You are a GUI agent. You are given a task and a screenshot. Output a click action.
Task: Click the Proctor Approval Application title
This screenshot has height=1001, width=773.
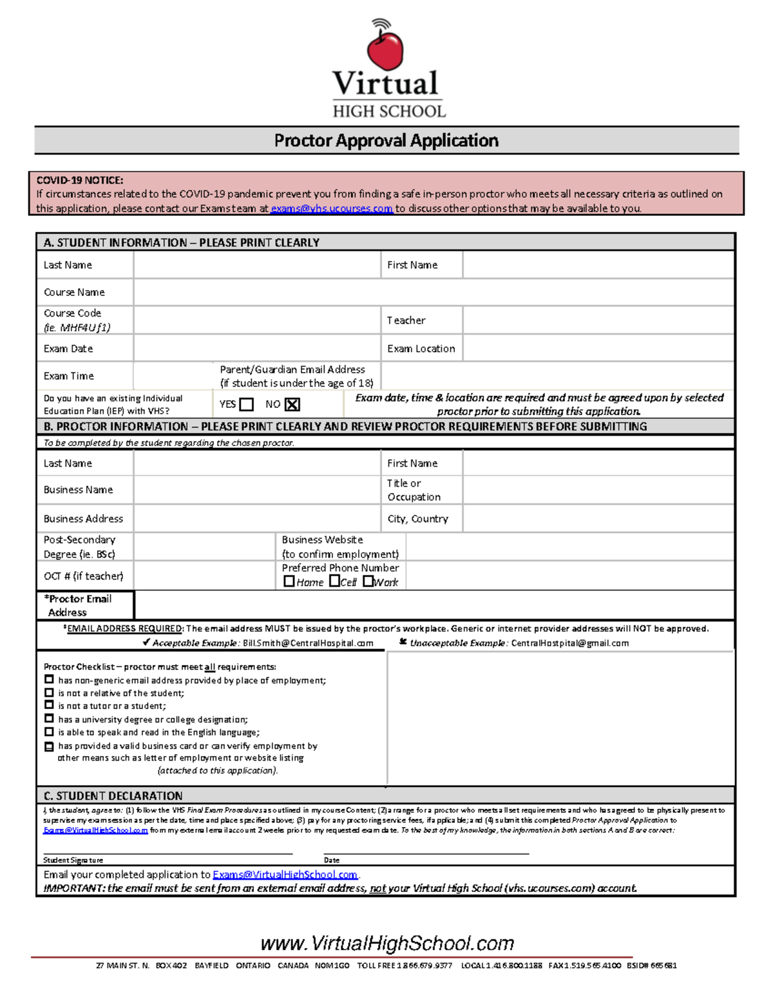(x=386, y=141)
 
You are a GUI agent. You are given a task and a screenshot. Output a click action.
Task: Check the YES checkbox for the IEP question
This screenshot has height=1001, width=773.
(x=247, y=405)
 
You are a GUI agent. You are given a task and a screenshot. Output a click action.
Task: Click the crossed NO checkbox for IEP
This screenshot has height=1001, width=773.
(x=292, y=405)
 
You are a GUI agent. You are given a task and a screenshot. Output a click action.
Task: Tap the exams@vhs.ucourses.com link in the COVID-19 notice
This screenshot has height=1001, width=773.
(x=331, y=209)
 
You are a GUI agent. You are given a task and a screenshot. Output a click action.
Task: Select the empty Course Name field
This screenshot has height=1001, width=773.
(x=433, y=292)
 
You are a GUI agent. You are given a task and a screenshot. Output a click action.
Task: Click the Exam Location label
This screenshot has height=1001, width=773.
(x=421, y=349)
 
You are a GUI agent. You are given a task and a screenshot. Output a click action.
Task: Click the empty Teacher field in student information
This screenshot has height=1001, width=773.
(x=598, y=320)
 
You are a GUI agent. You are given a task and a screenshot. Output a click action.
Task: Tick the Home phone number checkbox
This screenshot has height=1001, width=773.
(x=289, y=581)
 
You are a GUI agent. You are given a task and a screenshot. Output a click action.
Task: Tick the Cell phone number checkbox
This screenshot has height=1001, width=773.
(x=334, y=581)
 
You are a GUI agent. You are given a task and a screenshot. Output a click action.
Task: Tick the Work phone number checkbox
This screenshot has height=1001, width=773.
(x=368, y=581)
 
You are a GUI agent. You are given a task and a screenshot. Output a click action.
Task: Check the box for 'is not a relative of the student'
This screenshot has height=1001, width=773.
(x=49, y=693)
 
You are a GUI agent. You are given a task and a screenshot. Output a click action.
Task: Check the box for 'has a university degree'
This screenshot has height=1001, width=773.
(x=49, y=719)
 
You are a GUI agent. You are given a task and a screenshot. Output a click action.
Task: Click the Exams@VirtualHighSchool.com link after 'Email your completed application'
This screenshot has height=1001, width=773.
(x=285, y=875)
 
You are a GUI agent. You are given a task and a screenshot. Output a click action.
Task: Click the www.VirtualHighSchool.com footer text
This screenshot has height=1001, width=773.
(x=387, y=944)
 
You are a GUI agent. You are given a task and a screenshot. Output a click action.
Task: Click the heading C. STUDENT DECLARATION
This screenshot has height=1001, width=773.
(x=113, y=796)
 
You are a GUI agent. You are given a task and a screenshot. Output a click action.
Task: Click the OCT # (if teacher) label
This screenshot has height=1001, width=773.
(x=83, y=576)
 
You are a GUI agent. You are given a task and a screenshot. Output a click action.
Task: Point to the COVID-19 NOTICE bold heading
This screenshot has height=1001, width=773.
(x=80, y=180)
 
